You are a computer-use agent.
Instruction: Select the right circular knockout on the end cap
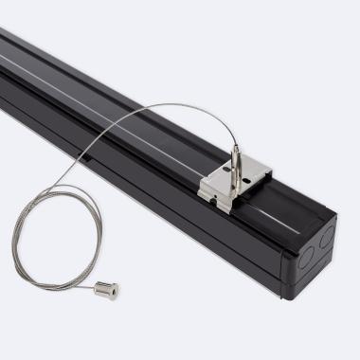click(325, 236)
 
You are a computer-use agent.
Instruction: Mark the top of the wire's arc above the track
click(171, 105)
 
